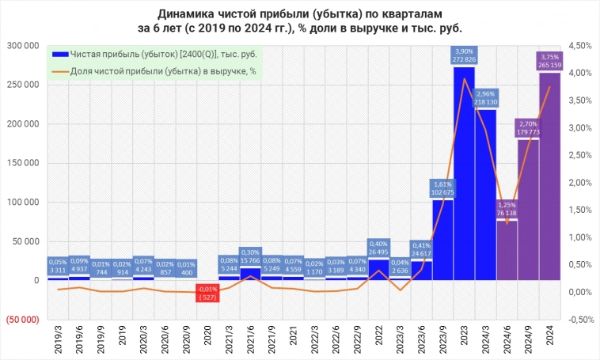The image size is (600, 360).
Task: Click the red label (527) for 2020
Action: click(x=207, y=294)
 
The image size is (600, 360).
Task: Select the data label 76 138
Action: click(x=507, y=212)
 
